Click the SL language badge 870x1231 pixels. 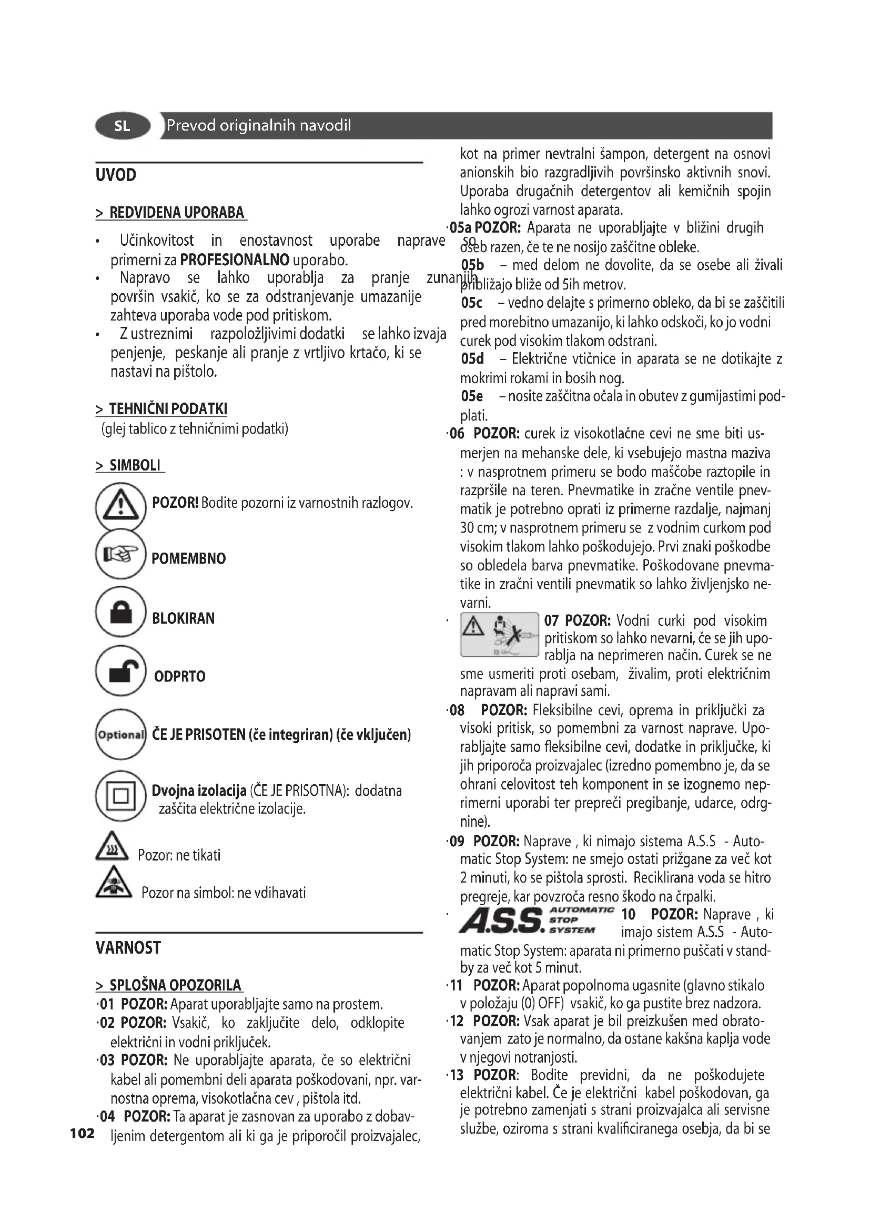(123, 126)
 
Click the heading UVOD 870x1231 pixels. (116, 175)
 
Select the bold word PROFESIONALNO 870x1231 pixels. (235, 261)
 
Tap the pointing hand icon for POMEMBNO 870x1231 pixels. (120, 554)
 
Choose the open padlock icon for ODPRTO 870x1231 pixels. (120, 670)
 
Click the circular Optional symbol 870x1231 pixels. (120, 734)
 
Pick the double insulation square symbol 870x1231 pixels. (120, 796)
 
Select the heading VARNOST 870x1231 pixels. (128, 948)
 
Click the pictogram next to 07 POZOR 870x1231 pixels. (499, 635)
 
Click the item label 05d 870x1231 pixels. (472, 359)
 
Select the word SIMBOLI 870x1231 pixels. (135, 465)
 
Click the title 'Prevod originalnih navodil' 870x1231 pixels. (259, 125)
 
